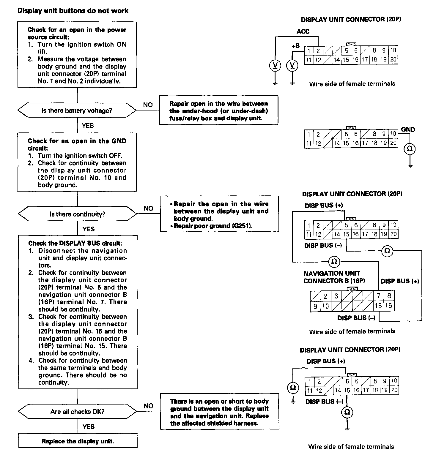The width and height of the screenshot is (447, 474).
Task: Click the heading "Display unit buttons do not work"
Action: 73,11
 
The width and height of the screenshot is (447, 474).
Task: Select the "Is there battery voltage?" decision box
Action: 77,110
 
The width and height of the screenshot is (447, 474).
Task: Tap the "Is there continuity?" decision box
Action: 78,214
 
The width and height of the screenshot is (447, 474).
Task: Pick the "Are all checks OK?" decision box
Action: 78,412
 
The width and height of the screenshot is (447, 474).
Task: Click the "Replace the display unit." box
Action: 78,441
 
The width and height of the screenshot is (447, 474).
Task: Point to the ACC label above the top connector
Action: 303,31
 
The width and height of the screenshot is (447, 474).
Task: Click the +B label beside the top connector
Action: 295,46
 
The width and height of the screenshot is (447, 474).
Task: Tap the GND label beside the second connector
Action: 408,129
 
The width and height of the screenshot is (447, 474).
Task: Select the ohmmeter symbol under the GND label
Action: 410,149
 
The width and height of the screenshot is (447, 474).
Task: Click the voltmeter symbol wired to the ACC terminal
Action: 276,65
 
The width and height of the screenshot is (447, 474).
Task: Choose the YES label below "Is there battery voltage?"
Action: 88,126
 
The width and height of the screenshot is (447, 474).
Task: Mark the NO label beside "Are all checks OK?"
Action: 148,406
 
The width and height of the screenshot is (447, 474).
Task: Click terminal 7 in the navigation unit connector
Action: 379,296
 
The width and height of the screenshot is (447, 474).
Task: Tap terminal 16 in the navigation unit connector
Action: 389,306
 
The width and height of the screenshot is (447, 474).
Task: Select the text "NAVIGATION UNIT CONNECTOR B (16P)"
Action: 334,277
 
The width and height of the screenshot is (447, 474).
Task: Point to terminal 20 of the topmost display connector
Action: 393,60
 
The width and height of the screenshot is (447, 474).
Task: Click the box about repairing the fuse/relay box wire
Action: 219,110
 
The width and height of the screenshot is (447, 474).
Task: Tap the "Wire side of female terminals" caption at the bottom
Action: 351,446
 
